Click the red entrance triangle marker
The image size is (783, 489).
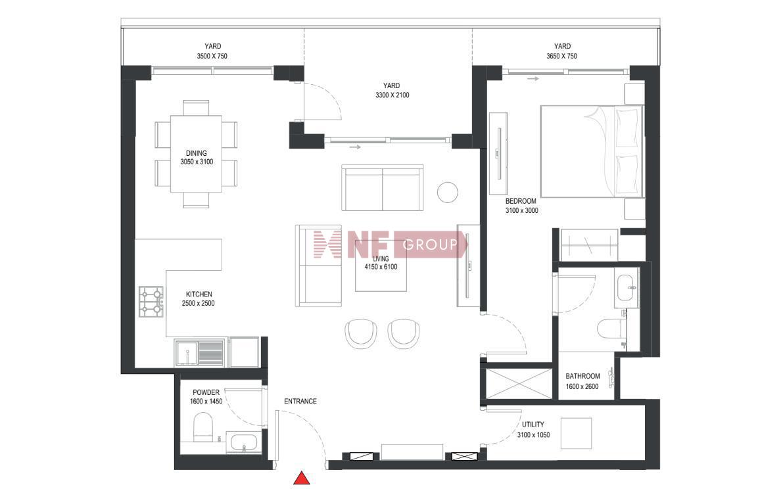pyautogui.click(x=301, y=478)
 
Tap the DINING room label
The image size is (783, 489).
pyautogui.click(x=197, y=153)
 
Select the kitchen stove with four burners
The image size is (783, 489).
pyautogui.click(x=151, y=302)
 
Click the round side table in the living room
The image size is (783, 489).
pyautogui.click(x=448, y=192)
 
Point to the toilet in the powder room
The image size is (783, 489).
pyautogui.click(x=202, y=427)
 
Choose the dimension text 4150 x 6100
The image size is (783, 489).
pyautogui.click(x=381, y=267)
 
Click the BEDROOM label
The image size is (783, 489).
pyautogui.click(x=521, y=201)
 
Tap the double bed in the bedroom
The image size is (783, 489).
pyautogui.click(x=592, y=151)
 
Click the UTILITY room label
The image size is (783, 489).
pyautogui.click(x=533, y=425)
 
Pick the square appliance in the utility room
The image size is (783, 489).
pyautogui.click(x=577, y=433)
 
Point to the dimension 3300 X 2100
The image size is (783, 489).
pyautogui.click(x=392, y=95)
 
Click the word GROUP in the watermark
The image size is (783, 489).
pyautogui.click(x=430, y=244)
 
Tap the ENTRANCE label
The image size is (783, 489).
pyautogui.click(x=300, y=401)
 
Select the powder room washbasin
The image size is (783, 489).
pyautogui.click(x=243, y=442)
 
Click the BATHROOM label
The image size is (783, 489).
pyautogui.click(x=582, y=376)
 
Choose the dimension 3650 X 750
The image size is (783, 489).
pyautogui.click(x=562, y=57)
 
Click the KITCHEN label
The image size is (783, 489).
pyautogui.click(x=199, y=294)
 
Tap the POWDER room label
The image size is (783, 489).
pyautogui.click(x=206, y=392)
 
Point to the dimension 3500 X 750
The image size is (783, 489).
pyautogui.click(x=212, y=57)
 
